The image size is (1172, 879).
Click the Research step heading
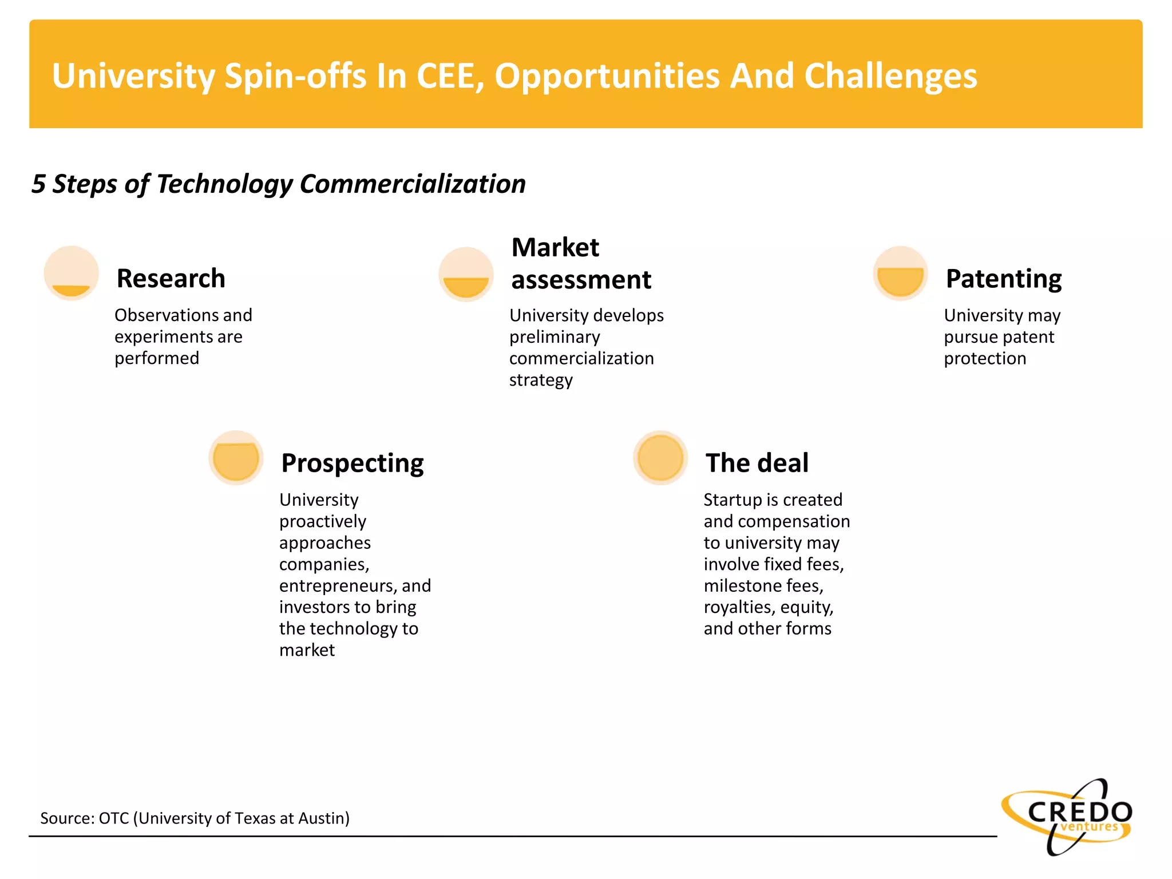point(171,279)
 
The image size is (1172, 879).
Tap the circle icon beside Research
point(72,274)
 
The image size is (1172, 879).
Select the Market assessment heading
point(580,264)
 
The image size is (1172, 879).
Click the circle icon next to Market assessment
point(466,274)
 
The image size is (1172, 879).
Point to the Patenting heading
point(1003,279)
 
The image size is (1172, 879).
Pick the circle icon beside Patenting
point(900,274)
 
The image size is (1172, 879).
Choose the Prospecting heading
point(352,463)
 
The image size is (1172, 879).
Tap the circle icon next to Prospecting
point(236,458)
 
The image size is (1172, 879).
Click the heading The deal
point(757,463)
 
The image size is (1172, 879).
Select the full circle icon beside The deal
point(660,458)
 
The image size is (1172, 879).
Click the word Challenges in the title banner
point(890,76)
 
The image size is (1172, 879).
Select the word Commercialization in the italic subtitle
point(412,184)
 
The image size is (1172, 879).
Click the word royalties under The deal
point(739,607)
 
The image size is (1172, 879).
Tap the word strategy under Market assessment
point(541,380)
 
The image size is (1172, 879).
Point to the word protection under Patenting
point(985,359)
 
